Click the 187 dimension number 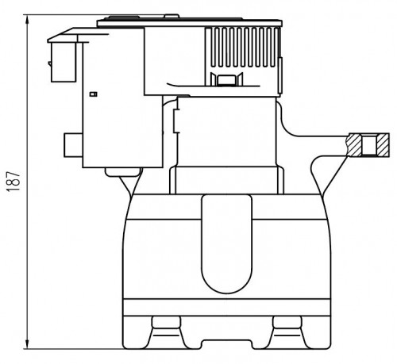13,182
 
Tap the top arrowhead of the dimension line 27,19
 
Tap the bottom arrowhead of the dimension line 27,344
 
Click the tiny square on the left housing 94,94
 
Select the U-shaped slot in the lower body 226,243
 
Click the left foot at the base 166,332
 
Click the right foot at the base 287,332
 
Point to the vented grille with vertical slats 242,47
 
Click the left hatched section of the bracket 355,145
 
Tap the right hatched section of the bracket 383,145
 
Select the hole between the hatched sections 369,145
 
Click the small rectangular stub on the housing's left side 73,145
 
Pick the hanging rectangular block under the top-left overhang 64,62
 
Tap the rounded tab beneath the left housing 122,172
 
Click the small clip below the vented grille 226,79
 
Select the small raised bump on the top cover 172,17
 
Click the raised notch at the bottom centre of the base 226,344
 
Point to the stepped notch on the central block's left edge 176,121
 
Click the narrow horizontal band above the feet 227,307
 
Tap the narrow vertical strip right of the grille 280,75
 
